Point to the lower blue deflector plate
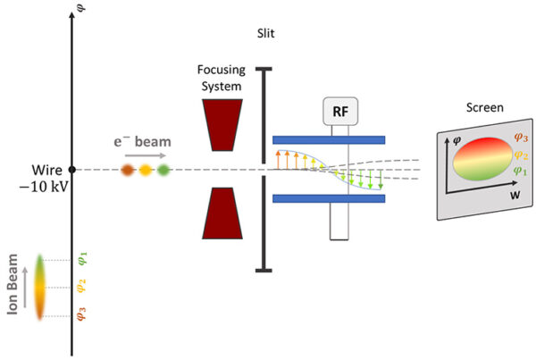328,198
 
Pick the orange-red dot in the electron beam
128,168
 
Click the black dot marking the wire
72,168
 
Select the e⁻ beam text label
146,141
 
